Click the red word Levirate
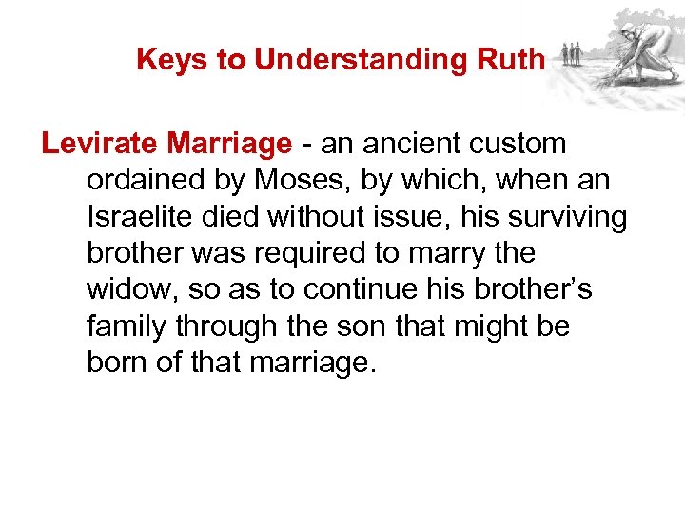[x=101, y=144]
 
